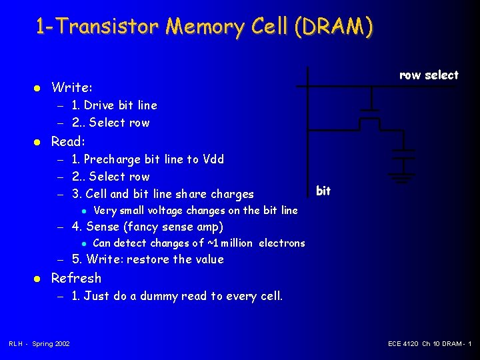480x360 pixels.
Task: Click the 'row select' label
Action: point(429,75)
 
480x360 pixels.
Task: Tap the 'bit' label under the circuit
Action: point(323,191)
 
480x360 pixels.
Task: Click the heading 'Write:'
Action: point(72,87)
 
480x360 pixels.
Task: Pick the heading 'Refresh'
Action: point(76,278)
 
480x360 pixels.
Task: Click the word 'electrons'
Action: point(281,243)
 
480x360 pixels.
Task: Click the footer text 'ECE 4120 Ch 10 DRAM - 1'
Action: point(429,344)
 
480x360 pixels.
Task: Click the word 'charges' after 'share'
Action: point(232,194)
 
